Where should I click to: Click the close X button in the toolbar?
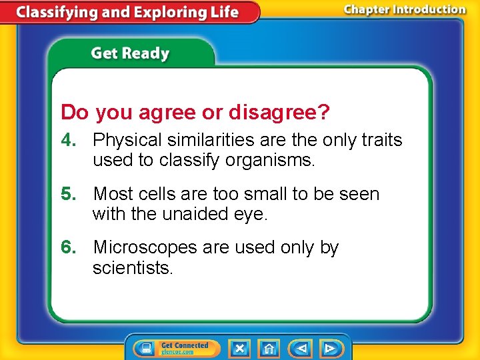(239, 348)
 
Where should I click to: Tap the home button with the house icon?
(269, 348)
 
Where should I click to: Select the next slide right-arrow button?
(329, 348)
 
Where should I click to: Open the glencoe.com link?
(177, 352)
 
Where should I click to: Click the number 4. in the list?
(70, 140)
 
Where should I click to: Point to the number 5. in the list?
(70, 194)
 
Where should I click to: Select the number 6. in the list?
(70, 247)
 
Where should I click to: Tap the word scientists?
(133, 268)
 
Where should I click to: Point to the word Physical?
(127, 140)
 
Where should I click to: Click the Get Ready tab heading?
(131, 53)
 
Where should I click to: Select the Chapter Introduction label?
(405, 10)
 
